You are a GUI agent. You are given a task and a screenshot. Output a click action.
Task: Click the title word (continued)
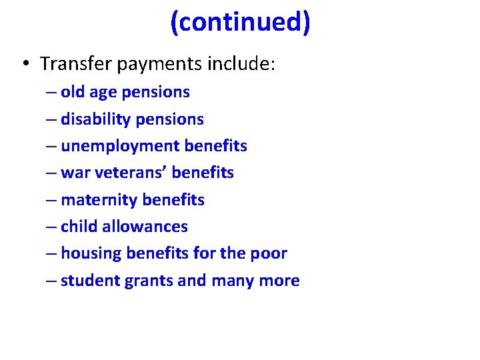click(240, 23)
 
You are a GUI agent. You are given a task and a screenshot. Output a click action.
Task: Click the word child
click(78, 227)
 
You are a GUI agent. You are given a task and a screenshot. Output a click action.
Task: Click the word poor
click(270, 254)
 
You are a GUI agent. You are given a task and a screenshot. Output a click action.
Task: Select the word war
click(73, 173)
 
